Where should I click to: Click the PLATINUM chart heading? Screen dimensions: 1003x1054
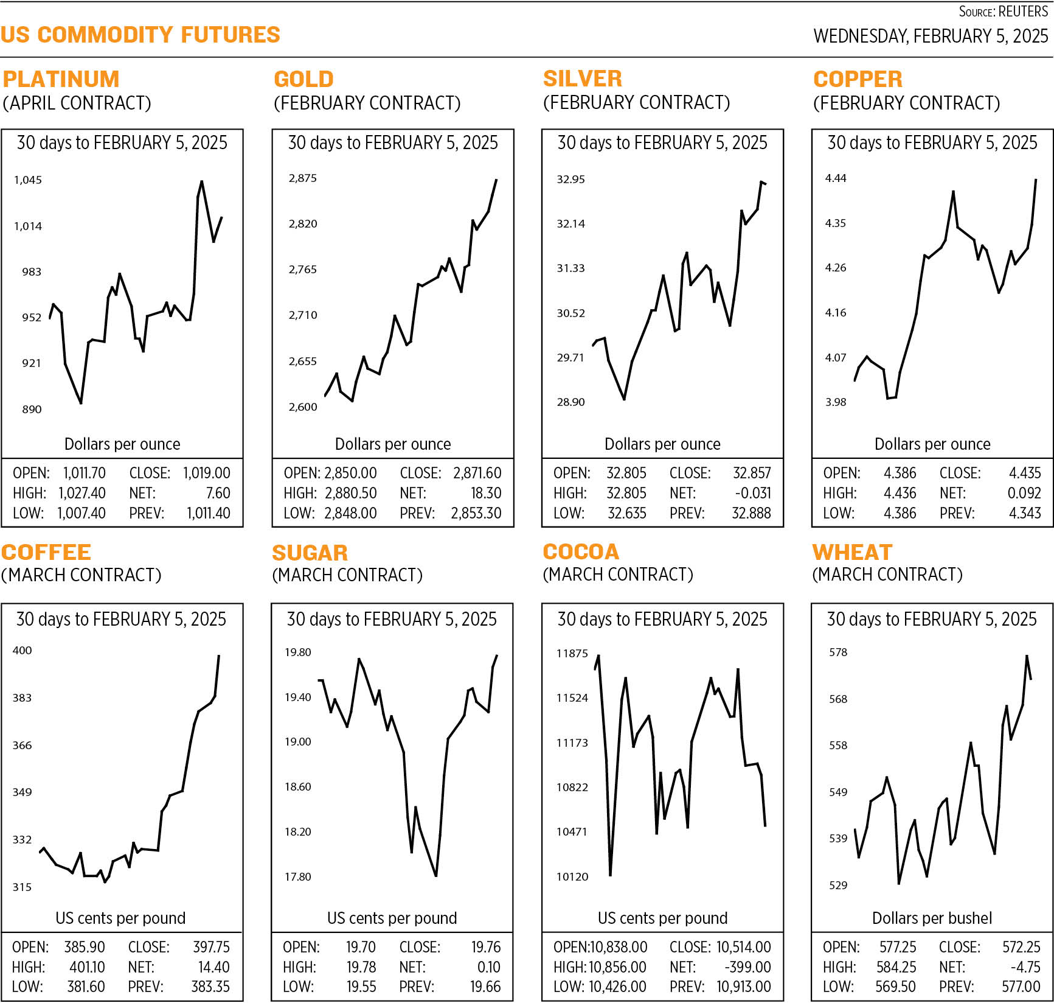61,79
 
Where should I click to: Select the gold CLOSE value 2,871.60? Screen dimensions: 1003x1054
477,473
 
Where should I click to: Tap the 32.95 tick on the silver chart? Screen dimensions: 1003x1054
570,179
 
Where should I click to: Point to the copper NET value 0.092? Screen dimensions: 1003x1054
1024,493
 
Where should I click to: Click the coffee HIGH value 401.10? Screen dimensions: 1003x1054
85,967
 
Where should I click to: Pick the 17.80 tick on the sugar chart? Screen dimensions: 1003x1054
297,876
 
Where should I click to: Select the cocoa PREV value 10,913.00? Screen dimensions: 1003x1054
743,987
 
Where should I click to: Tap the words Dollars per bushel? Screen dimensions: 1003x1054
932,918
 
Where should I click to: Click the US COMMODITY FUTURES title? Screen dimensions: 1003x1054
140,35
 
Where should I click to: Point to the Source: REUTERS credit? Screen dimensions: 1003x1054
1003,12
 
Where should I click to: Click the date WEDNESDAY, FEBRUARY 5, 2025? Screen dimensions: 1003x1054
931,36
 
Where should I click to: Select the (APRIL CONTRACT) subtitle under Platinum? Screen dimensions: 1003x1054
77,103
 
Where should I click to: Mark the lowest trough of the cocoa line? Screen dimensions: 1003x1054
610,875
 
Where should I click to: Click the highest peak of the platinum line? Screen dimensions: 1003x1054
201,181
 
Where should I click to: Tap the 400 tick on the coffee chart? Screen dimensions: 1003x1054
22,650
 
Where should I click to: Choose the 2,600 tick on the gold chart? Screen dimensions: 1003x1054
302,407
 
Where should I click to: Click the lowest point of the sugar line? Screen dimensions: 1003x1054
436,876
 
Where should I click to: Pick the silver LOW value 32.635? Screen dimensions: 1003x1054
626,513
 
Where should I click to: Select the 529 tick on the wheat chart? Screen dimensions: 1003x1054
837,885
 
